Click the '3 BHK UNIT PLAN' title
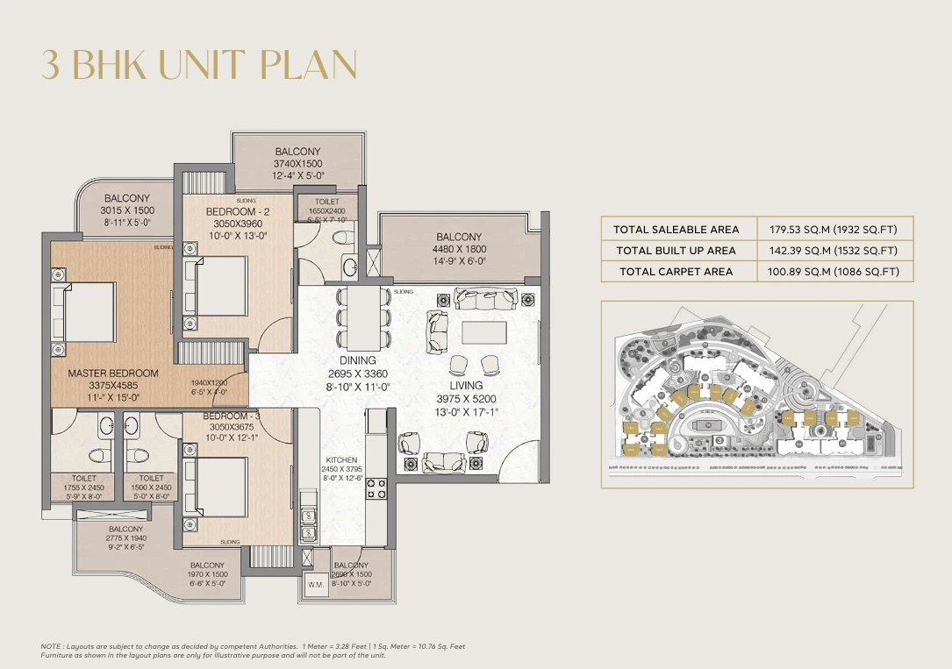pyautogui.click(x=200, y=66)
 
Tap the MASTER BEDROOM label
pyautogui.click(x=113, y=374)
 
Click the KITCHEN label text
pyautogui.click(x=341, y=459)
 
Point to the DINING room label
pyautogui.click(x=357, y=360)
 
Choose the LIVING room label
pyautogui.click(x=466, y=385)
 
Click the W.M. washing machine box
pyautogui.click(x=316, y=583)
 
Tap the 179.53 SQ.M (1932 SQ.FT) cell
pyautogui.click(x=834, y=230)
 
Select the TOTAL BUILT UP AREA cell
pyautogui.click(x=676, y=251)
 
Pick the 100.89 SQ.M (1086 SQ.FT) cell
pyautogui.click(x=834, y=272)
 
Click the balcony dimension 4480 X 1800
pyautogui.click(x=459, y=248)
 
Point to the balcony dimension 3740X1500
pyautogui.click(x=297, y=163)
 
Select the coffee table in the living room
pyautogui.click(x=483, y=331)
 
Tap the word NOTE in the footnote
pyautogui.click(x=52, y=646)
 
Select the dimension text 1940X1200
pyautogui.click(x=209, y=383)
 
